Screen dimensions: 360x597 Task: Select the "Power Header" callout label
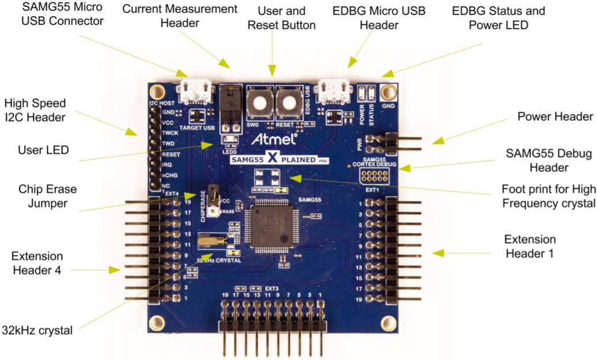(x=555, y=117)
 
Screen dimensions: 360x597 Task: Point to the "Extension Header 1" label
(x=530, y=246)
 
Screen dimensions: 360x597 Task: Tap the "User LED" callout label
(x=44, y=150)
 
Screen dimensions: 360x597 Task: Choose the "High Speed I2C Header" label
(x=35, y=111)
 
